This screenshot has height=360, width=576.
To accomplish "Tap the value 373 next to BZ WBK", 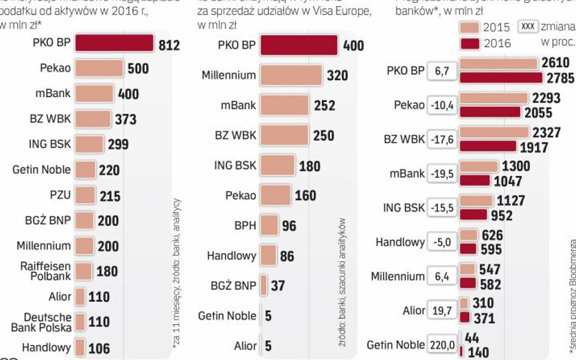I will click(126, 119).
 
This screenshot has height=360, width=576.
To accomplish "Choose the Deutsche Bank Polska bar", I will click(81, 322).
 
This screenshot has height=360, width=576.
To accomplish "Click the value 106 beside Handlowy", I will click(99, 348).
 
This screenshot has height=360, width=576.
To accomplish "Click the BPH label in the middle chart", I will click(245, 226).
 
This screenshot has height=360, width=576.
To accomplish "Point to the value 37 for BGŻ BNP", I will click(278, 285).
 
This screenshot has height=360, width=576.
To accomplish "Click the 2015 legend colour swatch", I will click(470, 27).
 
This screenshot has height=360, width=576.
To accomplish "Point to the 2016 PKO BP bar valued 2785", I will click(501, 78).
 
